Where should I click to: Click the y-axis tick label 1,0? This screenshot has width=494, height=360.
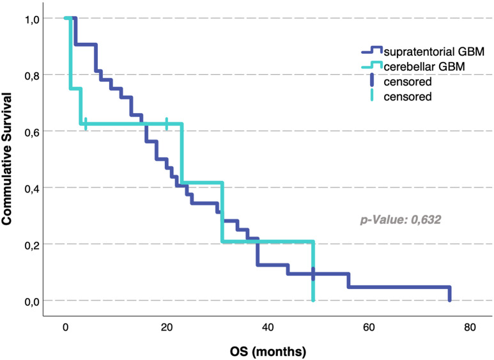point(32,20)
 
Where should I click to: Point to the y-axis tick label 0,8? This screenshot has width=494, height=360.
point(32,76)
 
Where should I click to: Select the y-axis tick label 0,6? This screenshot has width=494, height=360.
point(32,133)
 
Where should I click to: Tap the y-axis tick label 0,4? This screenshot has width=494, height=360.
point(32,189)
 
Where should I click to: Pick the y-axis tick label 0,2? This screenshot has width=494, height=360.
point(32,246)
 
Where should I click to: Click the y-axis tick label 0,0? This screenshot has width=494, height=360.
point(32,302)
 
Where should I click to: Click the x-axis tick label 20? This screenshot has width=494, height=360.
point(167,327)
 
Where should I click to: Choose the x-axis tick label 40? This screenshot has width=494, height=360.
point(268,327)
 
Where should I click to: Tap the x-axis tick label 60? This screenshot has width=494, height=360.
point(369,327)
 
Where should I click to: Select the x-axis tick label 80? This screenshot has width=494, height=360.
point(470,327)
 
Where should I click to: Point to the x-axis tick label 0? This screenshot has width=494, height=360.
point(66,327)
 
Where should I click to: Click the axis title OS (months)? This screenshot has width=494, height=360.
point(268,352)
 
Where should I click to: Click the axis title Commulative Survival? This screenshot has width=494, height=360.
point(6,159)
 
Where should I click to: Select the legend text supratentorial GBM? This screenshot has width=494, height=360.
point(434,52)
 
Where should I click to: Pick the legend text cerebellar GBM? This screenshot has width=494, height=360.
point(424,67)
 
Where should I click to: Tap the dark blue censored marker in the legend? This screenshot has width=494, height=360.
point(372,80)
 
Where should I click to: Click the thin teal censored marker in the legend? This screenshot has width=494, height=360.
point(372,95)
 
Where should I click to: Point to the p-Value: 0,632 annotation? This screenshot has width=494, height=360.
point(401,219)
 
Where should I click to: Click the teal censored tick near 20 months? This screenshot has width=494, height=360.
point(167,123)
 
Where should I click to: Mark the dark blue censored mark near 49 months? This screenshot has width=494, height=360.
point(313,274)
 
